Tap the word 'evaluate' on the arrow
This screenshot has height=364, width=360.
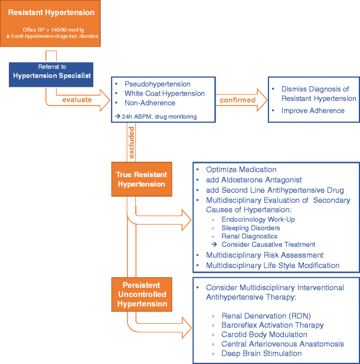(77, 100)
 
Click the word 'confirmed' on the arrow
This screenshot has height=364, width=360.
(238, 100)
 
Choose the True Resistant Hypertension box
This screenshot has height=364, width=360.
(142, 179)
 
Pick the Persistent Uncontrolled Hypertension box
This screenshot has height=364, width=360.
(142, 294)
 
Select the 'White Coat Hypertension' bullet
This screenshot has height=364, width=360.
(165, 93)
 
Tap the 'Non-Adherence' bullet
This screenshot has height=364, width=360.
(149, 103)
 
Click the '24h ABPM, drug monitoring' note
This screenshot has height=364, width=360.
(156, 117)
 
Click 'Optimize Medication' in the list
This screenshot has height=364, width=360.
(241, 169)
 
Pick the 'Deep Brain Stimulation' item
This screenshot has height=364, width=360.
(261, 353)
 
